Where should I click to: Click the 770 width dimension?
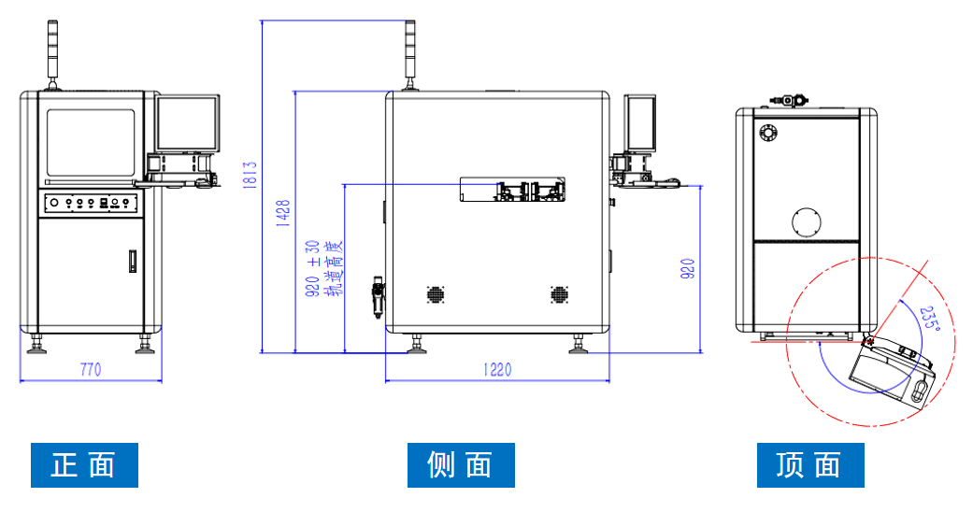(x=90, y=370)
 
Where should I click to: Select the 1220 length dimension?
(x=497, y=370)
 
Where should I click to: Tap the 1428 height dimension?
(x=282, y=216)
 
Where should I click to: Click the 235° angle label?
(x=928, y=320)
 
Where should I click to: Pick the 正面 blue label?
(x=84, y=464)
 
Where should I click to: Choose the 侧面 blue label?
(x=461, y=464)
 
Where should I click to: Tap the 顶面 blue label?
(x=810, y=464)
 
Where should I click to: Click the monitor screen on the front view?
(x=188, y=123)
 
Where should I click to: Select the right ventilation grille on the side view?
(x=559, y=294)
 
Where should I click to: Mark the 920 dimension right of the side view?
(x=688, y=269)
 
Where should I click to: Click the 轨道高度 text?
(x=332, y=269)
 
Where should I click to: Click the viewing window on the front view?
(x=91, y=143)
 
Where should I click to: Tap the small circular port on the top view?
(x=768, y=133)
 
